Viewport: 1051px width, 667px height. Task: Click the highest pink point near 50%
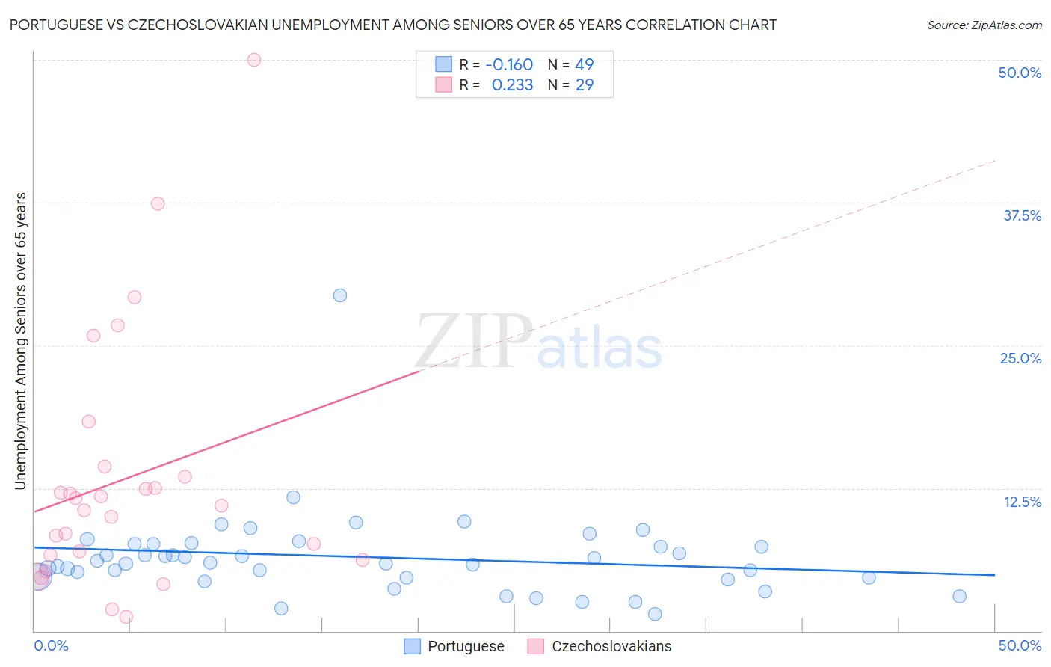pos(254,60)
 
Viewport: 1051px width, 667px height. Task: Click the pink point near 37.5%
pos(158,203)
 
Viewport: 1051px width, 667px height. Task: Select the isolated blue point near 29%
pos(340,295)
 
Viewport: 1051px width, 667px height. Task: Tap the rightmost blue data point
pos(960,596)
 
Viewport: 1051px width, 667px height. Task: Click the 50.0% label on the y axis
pos(1020,73)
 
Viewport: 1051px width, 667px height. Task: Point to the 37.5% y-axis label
pos(1022,215)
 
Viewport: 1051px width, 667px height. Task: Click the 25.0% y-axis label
pos(1020,358)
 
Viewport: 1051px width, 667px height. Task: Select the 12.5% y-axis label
pos(1022,502)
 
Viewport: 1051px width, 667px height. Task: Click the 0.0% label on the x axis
pos(52,645)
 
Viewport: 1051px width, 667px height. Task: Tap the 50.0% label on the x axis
pos(1020,645)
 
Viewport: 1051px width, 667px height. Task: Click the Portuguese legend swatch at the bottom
pos(412,646)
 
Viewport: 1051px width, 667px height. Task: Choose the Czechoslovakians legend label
pos(611,646)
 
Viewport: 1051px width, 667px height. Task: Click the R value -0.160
pos(509,64)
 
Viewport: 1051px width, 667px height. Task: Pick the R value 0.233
pos(512,84)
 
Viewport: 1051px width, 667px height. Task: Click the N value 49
pos(584,64)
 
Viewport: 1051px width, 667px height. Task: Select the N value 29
pos(585,84)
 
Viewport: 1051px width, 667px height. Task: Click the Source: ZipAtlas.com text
pos(984,25)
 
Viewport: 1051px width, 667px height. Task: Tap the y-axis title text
pos(20,341)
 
